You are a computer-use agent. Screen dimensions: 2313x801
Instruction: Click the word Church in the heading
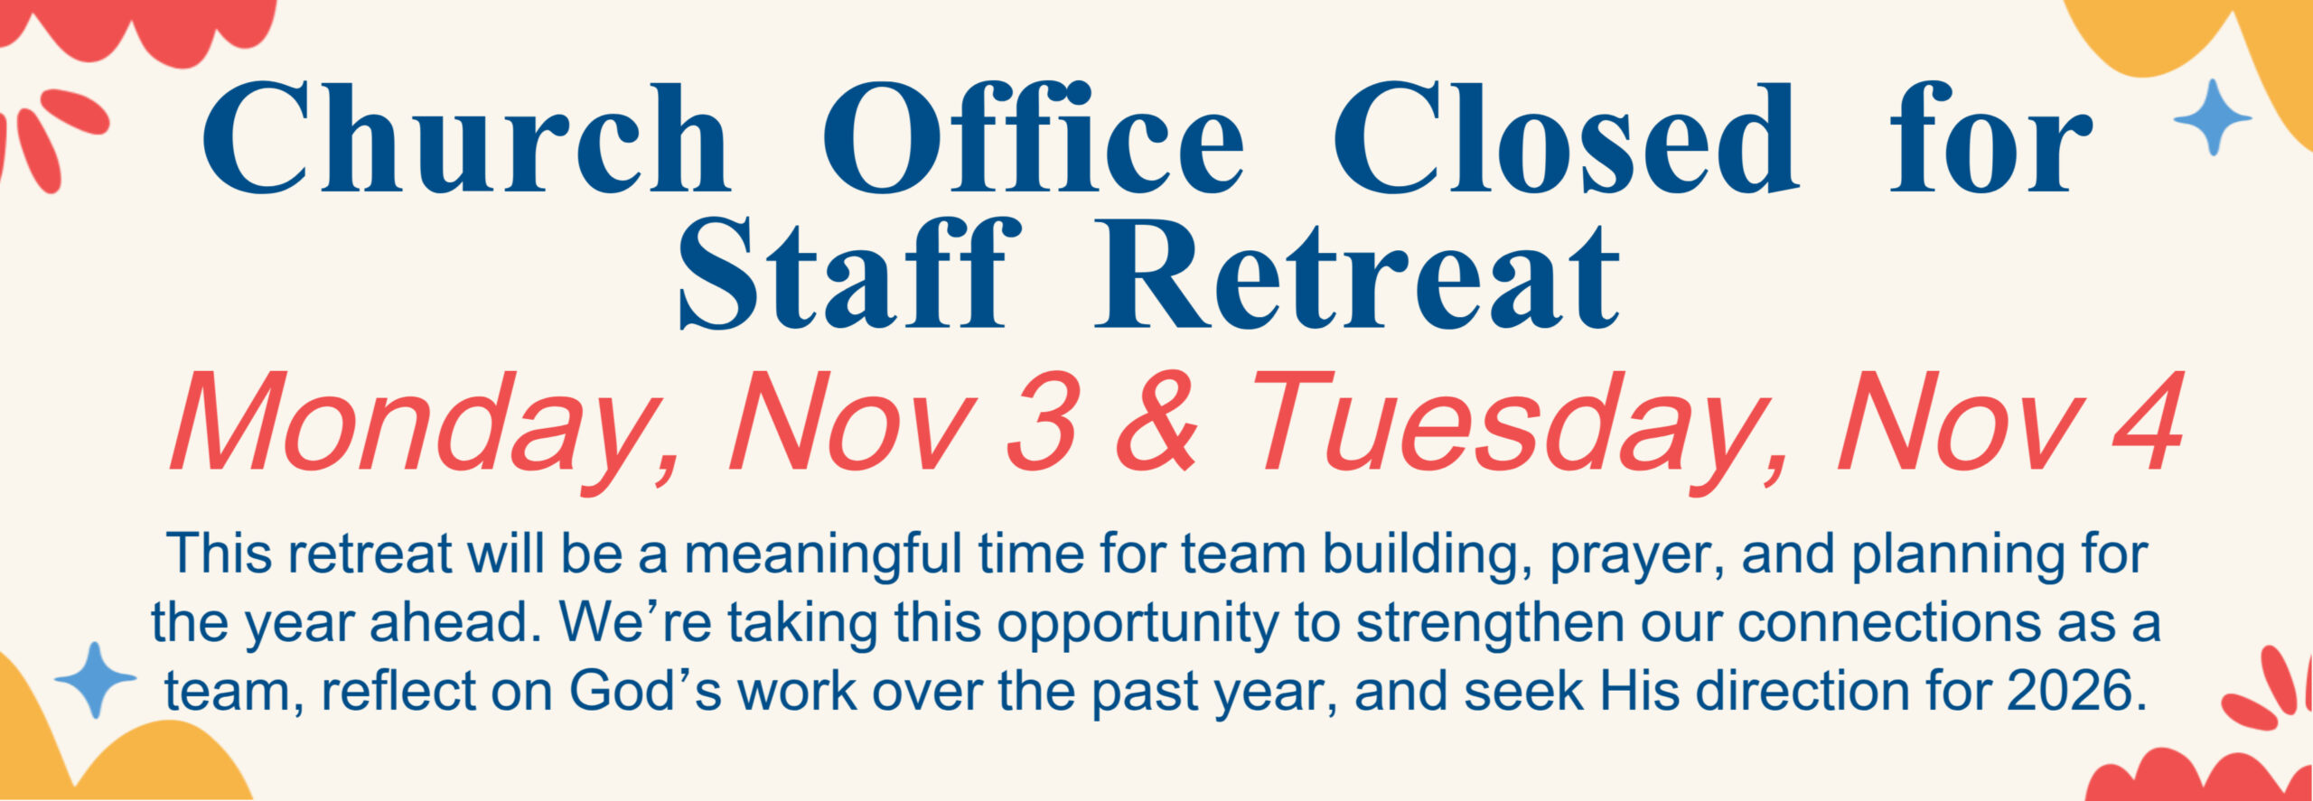[x=465, y=138]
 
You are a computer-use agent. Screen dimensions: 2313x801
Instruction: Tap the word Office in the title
[x=1033, y=138]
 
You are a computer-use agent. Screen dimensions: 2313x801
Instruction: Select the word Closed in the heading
[x=1565, y=138]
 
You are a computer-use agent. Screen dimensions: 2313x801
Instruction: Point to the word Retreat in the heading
[x=1357, y=273]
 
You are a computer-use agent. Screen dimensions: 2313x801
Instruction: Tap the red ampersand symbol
[x=1157, y=423]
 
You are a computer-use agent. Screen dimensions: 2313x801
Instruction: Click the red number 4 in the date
[x=2147, y=422]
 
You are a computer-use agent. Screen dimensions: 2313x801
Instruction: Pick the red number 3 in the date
[x=1042, y=423]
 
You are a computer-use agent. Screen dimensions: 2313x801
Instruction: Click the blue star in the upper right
[x=2213, y=117]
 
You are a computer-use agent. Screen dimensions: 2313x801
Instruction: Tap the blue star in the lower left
[x=95, y=680]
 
